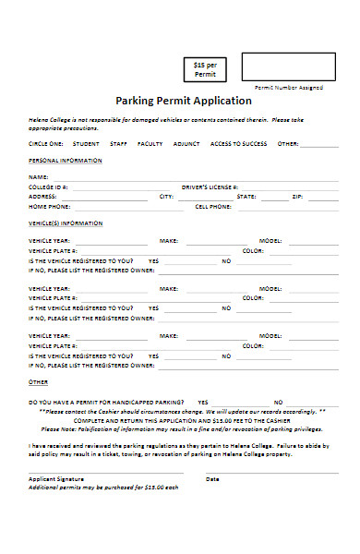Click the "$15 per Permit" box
coord(204,68)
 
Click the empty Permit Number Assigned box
coord(289,66)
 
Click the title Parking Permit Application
coord(183,101)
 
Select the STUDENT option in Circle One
coord(86,144)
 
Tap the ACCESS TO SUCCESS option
coord(238,144)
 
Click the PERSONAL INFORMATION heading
coord(60,160)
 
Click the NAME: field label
coord(38,176)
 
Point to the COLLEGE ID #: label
coord(49,187)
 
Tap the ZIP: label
coord(297,197)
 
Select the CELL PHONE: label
coord(213,207)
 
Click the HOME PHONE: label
coord(49,207)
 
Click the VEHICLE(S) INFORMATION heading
coord(66,223)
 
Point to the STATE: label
coord(246,197)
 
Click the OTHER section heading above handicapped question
coord(38,381)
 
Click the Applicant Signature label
coord(56,479)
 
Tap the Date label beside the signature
coord(212,479)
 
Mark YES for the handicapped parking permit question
coord(202,403)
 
